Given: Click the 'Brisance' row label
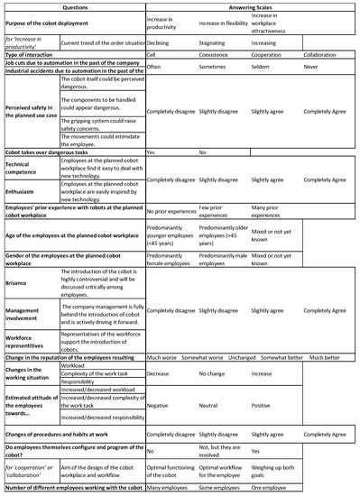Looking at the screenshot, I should click(20, 285).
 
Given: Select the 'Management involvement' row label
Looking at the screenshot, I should click(27, 315).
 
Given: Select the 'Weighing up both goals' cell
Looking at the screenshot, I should click(285, 473).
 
